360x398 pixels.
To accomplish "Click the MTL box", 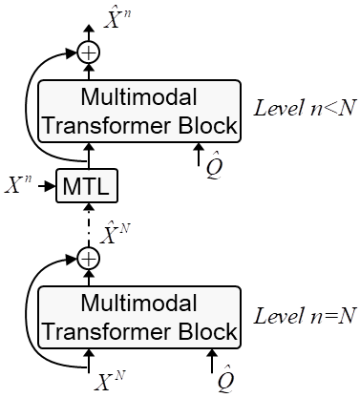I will (x=88, y=186).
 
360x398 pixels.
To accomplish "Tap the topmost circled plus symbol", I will (x=88, y=52).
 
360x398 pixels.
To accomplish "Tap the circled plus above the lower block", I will (x=88, y=258).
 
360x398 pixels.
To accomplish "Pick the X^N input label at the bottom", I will (x=112, y=382).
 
